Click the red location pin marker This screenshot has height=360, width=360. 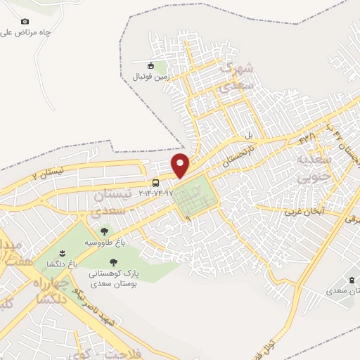tap(181, 165)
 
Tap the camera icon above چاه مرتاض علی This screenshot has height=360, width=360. tap(25, 22)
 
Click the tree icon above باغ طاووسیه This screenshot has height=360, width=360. tap(104, 231)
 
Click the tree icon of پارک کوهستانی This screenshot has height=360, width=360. tap(124, 260)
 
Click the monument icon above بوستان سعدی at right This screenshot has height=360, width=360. tap(351, 280)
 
